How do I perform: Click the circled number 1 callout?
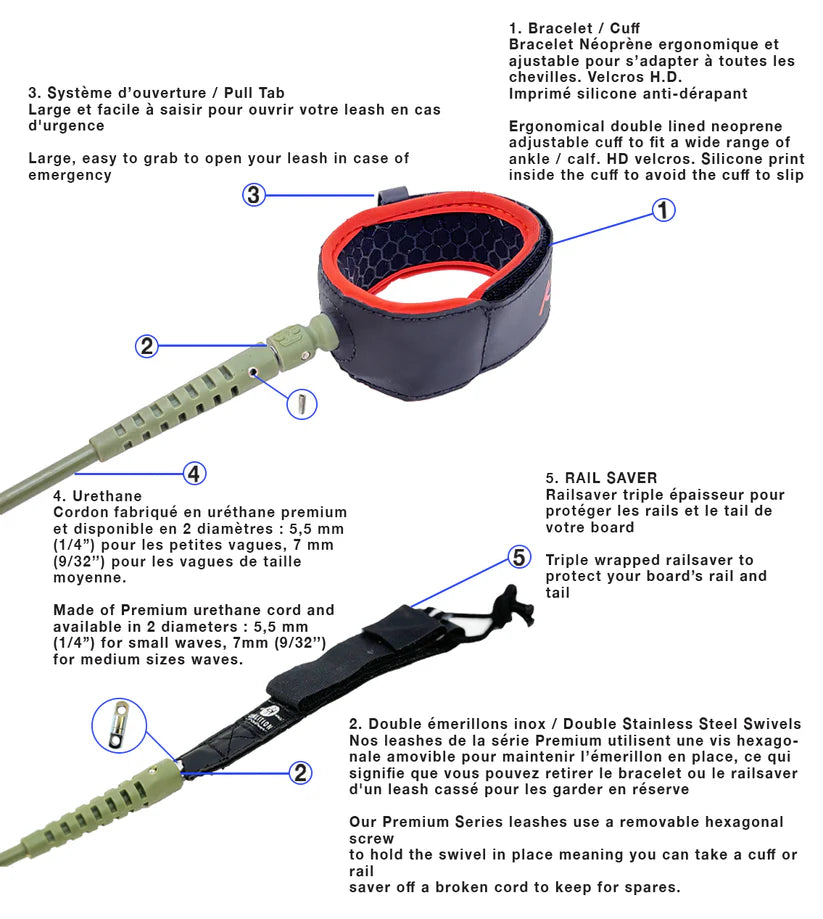[663, 210]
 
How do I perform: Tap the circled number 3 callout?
[255, 195]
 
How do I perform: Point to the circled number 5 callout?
[520, 558]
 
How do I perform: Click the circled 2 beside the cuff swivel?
[147, 346]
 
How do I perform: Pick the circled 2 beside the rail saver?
[300, 771]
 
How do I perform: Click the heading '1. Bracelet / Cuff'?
[574, 28]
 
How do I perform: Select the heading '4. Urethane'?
[97, 496]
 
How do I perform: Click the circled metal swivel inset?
[121, 724]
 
